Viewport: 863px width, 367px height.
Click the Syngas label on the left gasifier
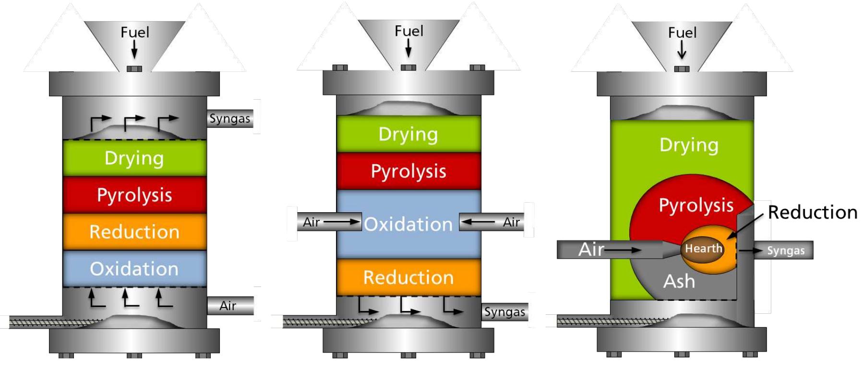coord(229,118)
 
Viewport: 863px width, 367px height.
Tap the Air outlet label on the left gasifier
coord(228,306)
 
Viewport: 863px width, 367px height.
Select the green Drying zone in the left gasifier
coord(134,158)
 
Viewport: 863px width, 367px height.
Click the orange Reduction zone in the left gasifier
coord(134,232)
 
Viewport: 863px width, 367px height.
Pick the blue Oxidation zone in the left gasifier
coord(134,269)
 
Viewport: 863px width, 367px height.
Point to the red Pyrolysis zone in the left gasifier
coord(134,195)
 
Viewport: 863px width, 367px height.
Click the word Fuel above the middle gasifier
coord(409,31)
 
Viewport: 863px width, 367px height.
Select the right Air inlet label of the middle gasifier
coord(511,222)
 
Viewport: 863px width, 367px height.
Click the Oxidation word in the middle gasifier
coord(408,224)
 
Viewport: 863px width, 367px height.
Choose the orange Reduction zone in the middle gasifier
coord(408,277)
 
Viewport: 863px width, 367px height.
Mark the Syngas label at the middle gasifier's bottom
coord(504,312)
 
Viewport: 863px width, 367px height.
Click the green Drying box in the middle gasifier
coord(408,134)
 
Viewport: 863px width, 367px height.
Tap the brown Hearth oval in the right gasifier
coord(703,249)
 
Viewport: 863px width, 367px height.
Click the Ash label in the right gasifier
coord(679,281)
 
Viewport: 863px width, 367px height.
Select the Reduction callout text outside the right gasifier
coord(812,212)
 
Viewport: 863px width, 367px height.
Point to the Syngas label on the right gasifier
coord(785,251)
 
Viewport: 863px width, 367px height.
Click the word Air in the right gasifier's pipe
coord(591,250)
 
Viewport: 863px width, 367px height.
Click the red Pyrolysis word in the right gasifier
coord(696,205)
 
